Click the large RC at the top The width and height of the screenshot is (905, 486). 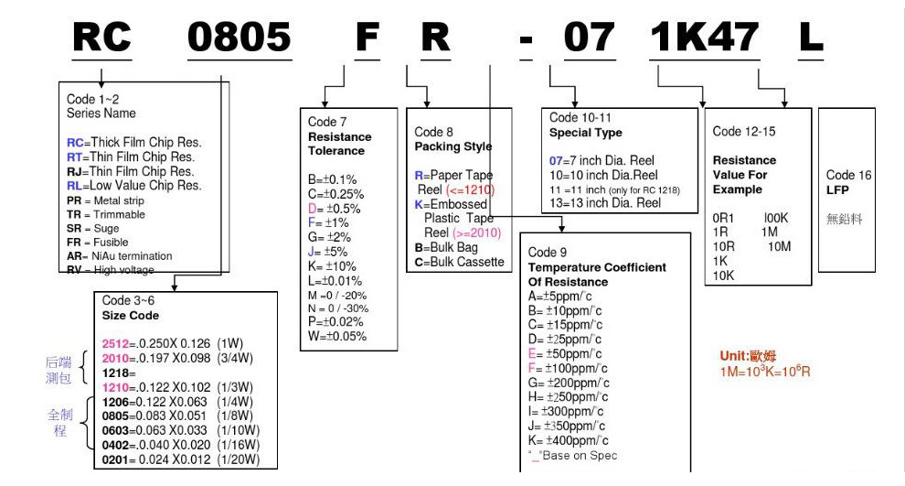(102, 37)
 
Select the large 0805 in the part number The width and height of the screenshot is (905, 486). (240, 37)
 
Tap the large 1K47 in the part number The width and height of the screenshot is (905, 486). (704, 37)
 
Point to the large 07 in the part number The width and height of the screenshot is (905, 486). (590, 37)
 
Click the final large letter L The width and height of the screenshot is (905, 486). (811, 37)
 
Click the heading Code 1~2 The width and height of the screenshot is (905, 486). (93, 99)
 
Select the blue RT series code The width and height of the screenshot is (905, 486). (74, 157)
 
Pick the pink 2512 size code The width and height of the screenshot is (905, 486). (115, 344)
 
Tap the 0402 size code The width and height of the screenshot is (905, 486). (115, 445)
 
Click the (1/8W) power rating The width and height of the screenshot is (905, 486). (235, 416)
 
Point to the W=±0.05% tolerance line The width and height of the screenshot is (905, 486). (337, 336)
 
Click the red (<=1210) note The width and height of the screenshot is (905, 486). (471, 189)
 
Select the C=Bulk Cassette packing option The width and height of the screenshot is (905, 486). (460, 262)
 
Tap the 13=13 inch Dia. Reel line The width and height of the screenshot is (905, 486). (605, 203)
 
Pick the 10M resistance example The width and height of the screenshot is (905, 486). (779, 247)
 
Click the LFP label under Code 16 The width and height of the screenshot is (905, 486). (837, 190)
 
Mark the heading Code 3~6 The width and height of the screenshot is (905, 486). (128, 300)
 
